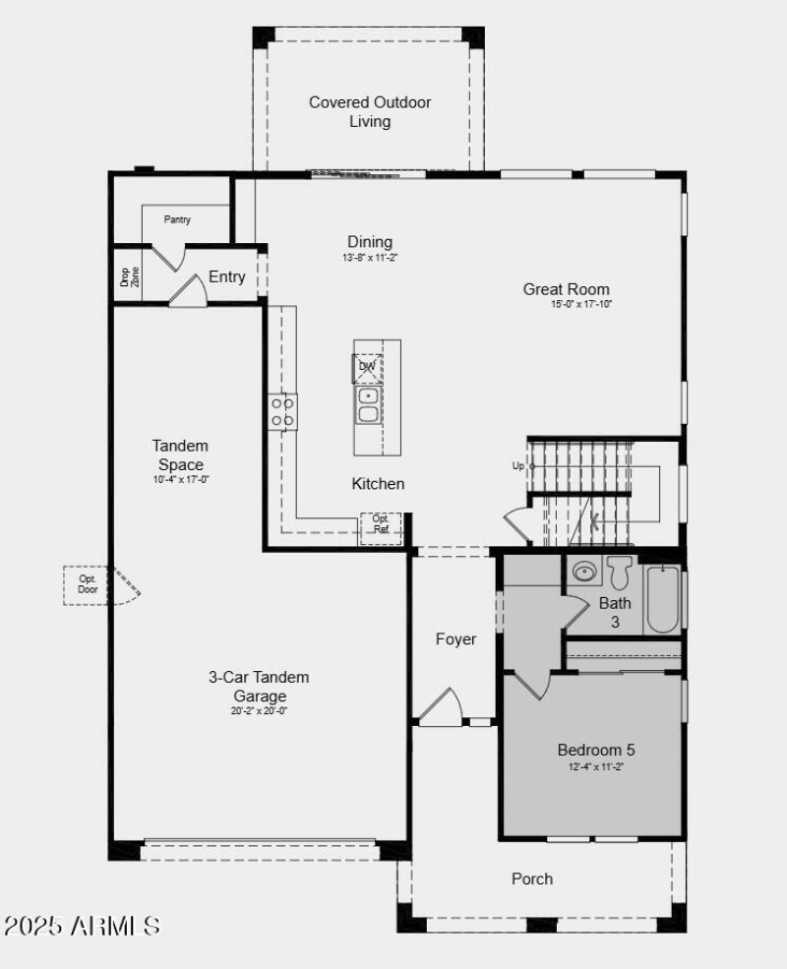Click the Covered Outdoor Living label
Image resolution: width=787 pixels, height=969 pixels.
coord(370,112)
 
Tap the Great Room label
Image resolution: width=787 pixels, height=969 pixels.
coord(566,289)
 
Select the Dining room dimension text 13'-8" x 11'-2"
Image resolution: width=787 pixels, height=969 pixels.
coord(369,258)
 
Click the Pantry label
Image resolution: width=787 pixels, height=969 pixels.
coord(177,219)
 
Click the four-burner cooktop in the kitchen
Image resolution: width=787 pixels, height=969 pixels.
coord(283,411)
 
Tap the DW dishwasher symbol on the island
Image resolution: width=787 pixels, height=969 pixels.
coord(368,367)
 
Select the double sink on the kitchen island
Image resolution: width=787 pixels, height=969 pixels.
coord(369,404)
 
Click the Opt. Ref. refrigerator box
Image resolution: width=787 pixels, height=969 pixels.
coord(381,524)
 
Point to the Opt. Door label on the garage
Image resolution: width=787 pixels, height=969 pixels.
coord(88,584)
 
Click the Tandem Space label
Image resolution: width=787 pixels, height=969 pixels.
coord(180,454)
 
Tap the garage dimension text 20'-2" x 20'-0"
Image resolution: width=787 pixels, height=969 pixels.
coord(259,710)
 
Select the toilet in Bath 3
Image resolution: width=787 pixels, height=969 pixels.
coord(619,572)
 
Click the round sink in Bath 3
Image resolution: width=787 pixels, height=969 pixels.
coord(585,571)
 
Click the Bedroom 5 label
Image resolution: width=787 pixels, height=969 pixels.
coord(590,750)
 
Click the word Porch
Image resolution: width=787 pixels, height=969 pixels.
coord(532,878)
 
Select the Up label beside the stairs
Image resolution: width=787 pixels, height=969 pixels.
coord(518,465)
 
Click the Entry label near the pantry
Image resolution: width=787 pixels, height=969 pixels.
coord(226,277)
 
